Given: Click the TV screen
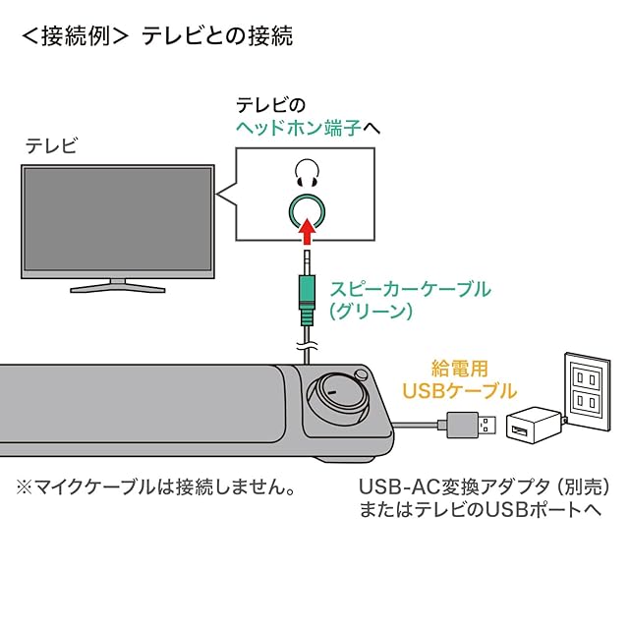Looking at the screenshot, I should click(119, 220).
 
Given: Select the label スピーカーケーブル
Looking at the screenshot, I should click(409, 290).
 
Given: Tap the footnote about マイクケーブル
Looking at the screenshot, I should click(155, 486).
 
